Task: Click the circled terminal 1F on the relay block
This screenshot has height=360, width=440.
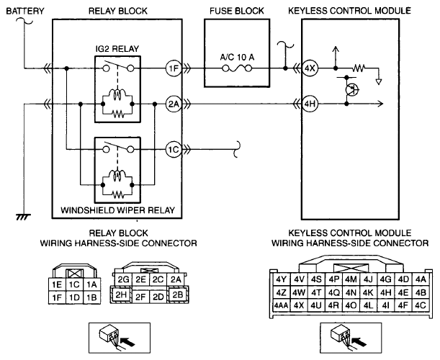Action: point(174,68)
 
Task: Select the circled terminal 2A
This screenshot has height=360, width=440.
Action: point(174,104)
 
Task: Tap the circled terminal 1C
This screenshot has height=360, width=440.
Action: point(174,149)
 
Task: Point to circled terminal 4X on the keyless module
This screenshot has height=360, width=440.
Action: point(310,68)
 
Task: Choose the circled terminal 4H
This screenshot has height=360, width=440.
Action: point(310,104)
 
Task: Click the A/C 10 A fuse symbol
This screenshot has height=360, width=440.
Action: point(237,68)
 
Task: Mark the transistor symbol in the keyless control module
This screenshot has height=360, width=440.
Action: point(351,90)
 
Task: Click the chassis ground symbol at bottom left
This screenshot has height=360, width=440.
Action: point(24,217)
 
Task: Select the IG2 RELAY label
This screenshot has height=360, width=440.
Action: point(117,49)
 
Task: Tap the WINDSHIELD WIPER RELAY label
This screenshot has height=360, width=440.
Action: point(118,210)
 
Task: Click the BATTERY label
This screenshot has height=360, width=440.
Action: point(25,11)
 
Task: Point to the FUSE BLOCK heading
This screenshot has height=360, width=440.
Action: point(237,11)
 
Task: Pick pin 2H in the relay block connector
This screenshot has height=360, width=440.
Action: point(121,294)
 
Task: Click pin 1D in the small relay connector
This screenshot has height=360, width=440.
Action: point(74,297)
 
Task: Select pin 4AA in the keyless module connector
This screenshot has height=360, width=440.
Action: point(281,305)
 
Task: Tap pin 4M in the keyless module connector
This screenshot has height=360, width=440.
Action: point(351,279)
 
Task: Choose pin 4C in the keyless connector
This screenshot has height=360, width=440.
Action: point(421,305)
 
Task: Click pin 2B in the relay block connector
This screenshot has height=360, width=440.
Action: point(178,294)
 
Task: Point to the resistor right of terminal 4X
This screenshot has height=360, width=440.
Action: point(359,68)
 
